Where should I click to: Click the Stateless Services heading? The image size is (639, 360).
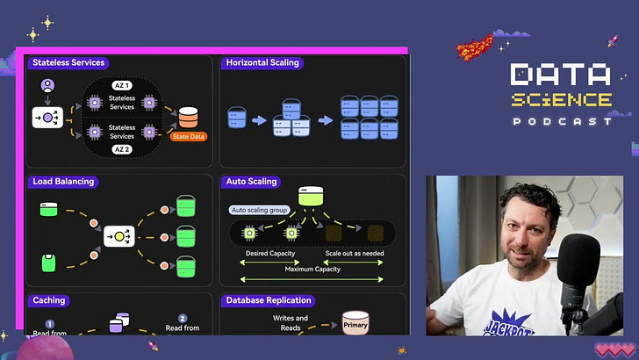coord(68,63)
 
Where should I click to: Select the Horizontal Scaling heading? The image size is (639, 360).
coord(262,63)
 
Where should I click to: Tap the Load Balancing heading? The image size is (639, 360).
coord(62,182)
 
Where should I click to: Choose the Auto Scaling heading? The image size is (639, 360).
coord(252,182)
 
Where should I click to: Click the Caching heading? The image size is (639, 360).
coord(49,300)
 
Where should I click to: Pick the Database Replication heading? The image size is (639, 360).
coord(269,300)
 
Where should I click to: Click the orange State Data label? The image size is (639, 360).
coord(189,136)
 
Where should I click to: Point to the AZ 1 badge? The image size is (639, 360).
coord(122,85)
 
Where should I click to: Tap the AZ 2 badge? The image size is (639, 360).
coord(122,150)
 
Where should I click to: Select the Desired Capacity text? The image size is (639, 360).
coord(269,253)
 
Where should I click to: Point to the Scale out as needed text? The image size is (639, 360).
coord(355,253)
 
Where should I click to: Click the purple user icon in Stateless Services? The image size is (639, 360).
coord(47,86)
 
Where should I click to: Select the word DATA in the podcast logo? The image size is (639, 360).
coord(560,76)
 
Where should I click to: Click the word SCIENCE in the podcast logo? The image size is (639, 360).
coord(562,99)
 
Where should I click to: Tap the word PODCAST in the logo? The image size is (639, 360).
coord(562,121)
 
